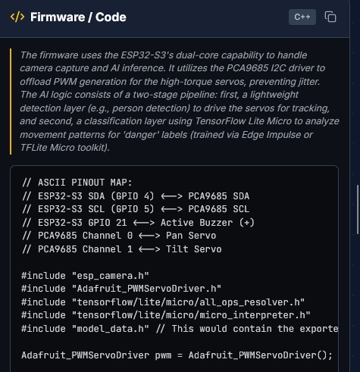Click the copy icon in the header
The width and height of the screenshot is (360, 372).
point(330,17)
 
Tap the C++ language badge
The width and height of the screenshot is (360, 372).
point(302,17)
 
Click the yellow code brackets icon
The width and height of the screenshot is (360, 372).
point(17,17)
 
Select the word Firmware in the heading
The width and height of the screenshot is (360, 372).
point(58,17)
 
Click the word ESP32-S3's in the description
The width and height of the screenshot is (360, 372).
point(147,55)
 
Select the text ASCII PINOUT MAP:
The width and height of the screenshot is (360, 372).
point(85,183)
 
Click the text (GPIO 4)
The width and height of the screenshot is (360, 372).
point(133,196)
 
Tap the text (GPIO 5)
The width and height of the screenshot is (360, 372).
point(133,209)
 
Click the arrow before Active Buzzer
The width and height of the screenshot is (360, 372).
point(144,223)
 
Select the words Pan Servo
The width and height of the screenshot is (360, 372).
point(191,236)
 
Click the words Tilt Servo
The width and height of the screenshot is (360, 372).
point(193,249)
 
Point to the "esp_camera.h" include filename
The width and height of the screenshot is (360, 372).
point(111,276)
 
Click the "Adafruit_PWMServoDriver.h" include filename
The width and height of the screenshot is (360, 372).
point(146,289)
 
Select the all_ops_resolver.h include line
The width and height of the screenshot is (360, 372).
point(163,302)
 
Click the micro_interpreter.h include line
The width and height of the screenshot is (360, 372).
point(166,315)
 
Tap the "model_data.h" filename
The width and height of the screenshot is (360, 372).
point(111,329)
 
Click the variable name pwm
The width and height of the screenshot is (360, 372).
point(163,355)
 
